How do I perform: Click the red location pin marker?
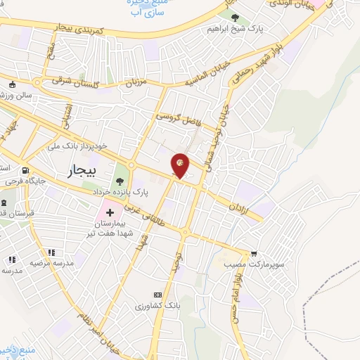coord(180,165)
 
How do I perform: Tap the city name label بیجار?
coord(79,170)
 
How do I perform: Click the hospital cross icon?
coord(110,212)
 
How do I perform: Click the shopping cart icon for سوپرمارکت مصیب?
coord(254,253)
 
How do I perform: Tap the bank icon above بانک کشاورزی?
coord(157,295)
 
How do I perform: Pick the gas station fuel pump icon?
coord(25,170)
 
